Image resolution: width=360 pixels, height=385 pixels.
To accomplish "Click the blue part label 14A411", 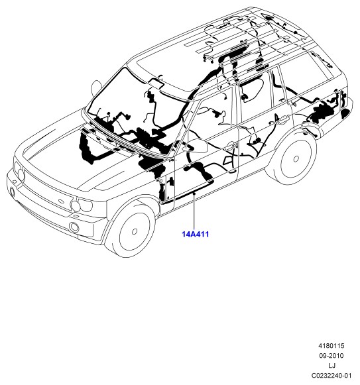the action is (195, 234).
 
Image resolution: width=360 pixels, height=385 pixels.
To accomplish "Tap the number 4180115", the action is (331, 346).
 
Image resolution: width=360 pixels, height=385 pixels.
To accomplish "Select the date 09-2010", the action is (331, 356).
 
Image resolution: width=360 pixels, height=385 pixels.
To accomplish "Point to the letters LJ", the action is (331, 366).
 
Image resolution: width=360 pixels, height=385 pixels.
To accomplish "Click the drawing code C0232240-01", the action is (331, 376).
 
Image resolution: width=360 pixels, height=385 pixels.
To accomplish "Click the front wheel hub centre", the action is (135, 231).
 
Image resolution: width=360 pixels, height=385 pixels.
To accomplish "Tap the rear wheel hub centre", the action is (296, 159).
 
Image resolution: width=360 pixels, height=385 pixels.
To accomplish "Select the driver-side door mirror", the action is (197, 146).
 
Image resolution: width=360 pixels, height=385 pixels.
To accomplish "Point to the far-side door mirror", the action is (96, 87).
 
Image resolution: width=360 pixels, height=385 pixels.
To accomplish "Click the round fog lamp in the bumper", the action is (74, 227).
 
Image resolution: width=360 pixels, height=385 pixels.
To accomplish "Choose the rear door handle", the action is (284, 121).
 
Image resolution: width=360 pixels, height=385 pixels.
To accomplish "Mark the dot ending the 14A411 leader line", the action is (194, 193).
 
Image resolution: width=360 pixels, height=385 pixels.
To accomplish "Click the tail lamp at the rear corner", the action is (345, 113).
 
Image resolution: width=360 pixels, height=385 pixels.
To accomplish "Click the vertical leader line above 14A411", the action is (194, 211).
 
